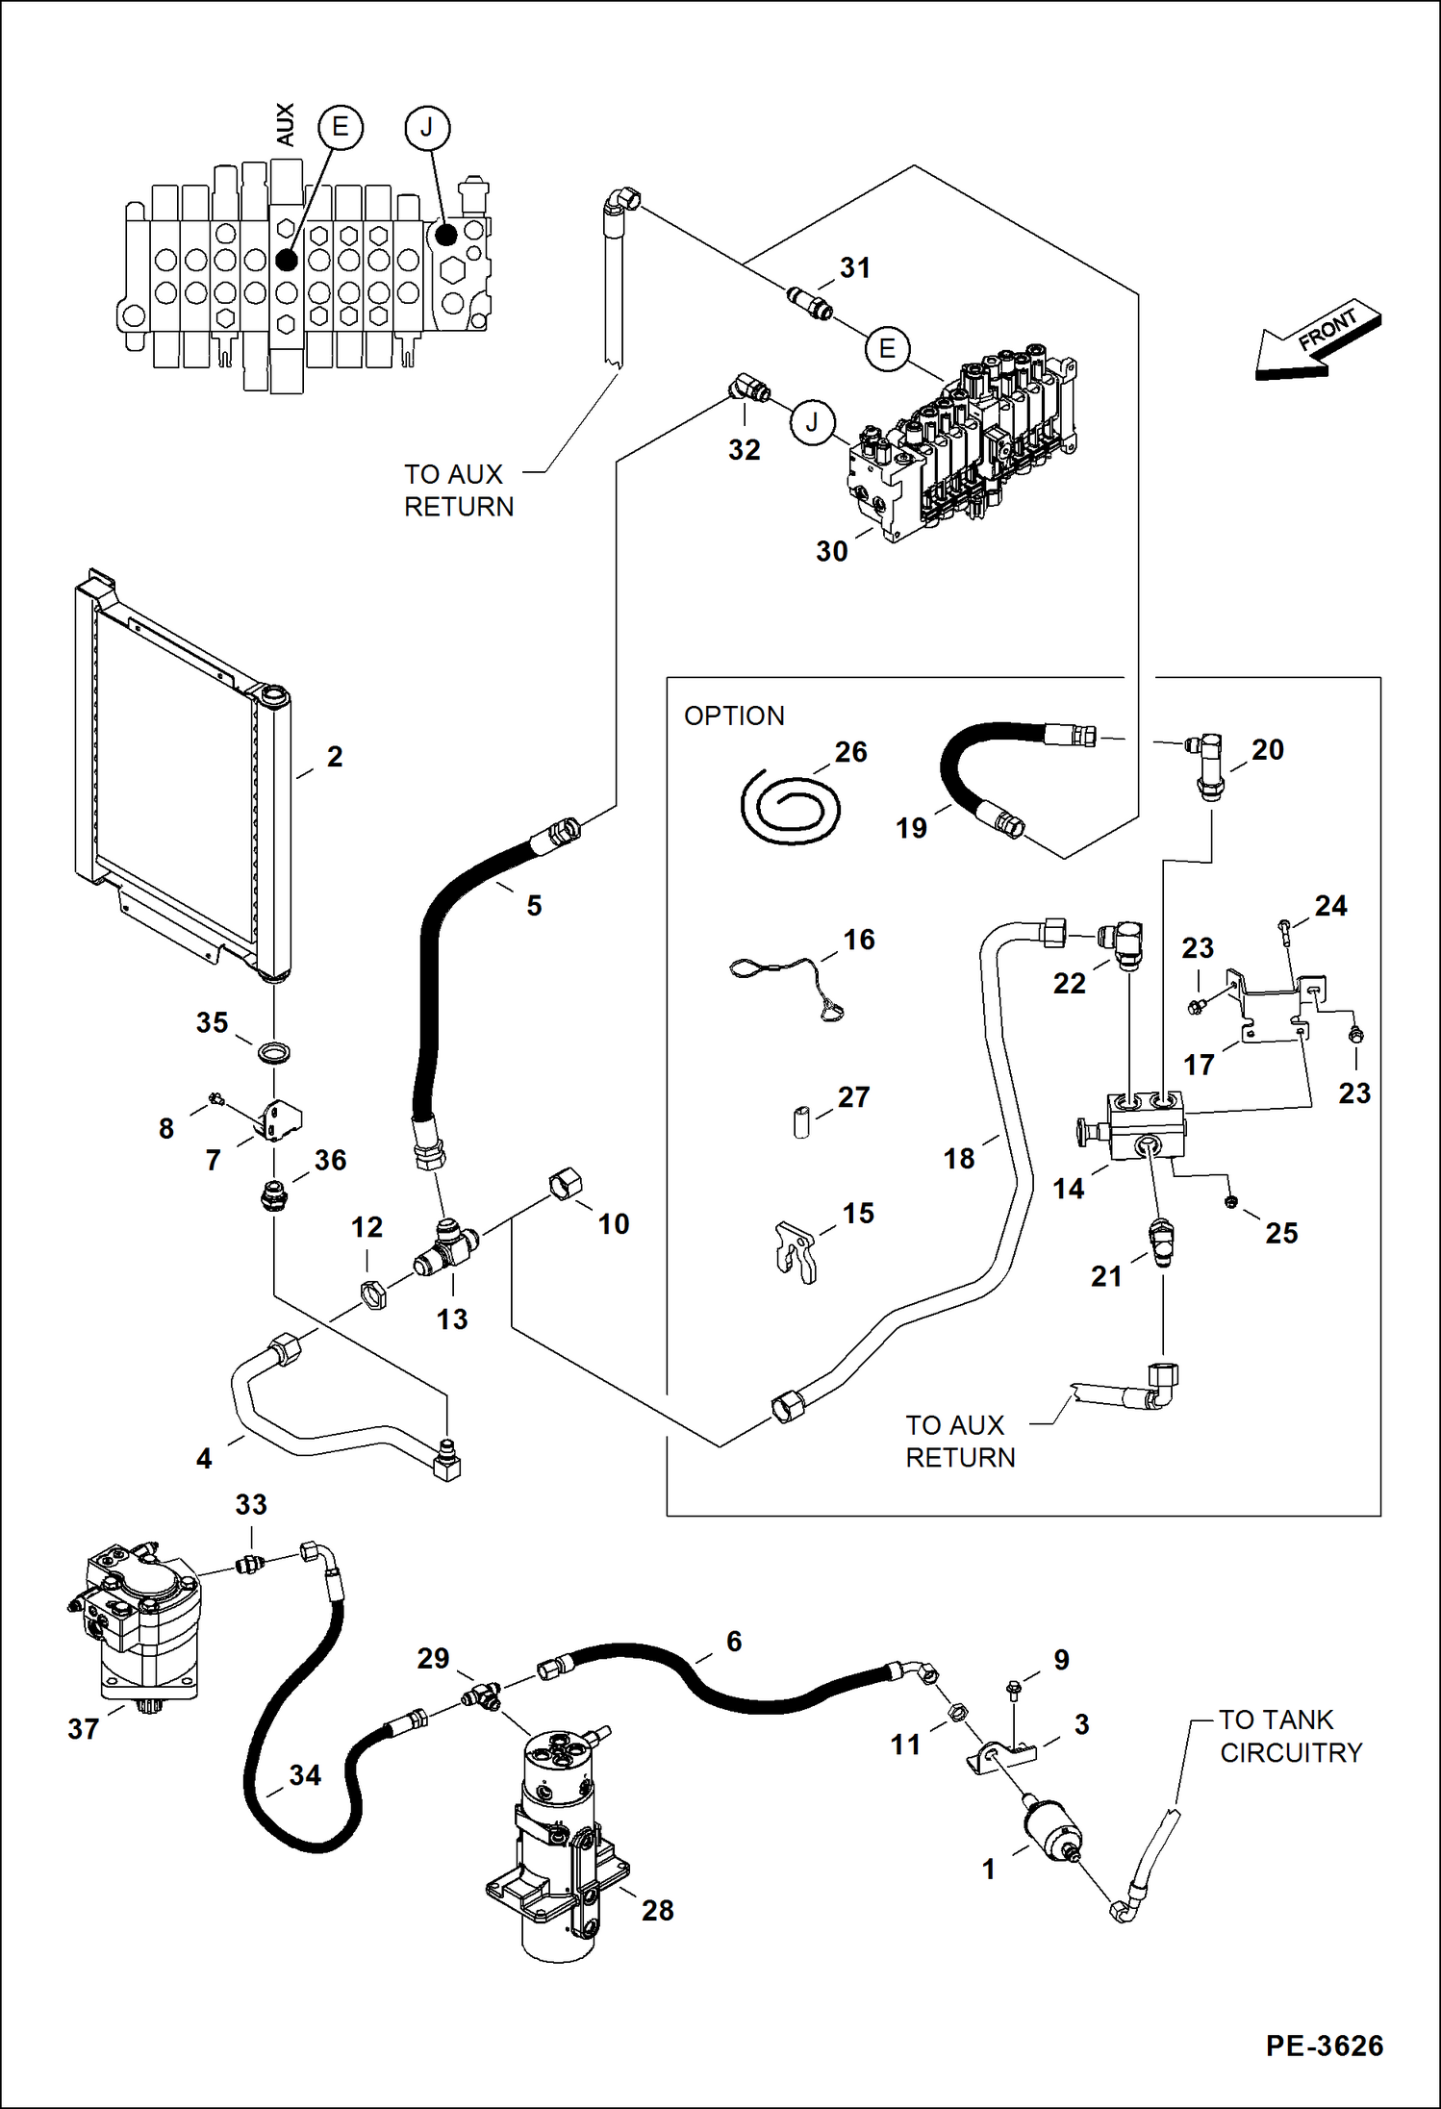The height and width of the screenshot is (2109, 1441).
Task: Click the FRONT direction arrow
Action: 1319,339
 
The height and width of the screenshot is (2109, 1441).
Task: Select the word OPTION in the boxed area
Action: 734,716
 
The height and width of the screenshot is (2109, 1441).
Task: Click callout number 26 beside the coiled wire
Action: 850,751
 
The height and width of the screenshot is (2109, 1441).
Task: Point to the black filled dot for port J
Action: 445,234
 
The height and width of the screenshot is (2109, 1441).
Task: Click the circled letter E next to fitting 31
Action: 887,348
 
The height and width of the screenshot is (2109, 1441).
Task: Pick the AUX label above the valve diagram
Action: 285,125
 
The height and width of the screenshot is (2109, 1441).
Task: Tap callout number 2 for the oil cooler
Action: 335,757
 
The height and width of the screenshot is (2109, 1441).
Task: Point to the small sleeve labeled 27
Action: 801,1122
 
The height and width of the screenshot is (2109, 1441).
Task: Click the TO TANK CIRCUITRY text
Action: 1289,1736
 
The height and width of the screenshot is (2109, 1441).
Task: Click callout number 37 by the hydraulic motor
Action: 83,1728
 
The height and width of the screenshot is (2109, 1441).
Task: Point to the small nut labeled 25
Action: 1231,1201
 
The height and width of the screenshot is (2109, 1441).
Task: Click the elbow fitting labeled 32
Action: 747,389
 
